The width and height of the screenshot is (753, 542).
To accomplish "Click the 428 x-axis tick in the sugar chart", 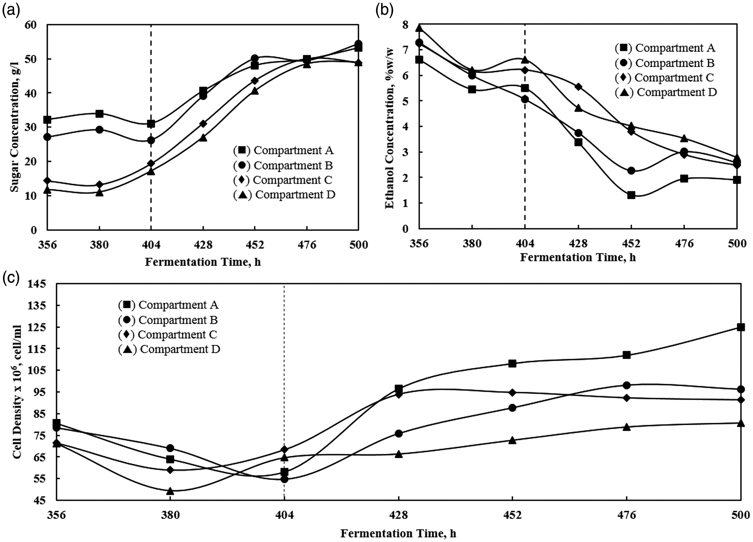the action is click(203, 245).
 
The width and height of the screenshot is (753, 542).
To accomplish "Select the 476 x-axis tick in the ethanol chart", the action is click(684, 244).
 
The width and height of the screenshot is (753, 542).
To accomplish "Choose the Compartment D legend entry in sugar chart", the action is click(284, 195).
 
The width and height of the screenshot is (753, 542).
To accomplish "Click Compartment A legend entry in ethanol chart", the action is click(665, 48).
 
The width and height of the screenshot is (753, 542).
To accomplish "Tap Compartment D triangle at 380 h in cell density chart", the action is click(170, 490).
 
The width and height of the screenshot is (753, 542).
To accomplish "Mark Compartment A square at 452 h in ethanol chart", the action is click(631, 195).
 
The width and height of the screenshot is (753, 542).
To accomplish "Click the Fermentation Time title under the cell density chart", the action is click(398, 534).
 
